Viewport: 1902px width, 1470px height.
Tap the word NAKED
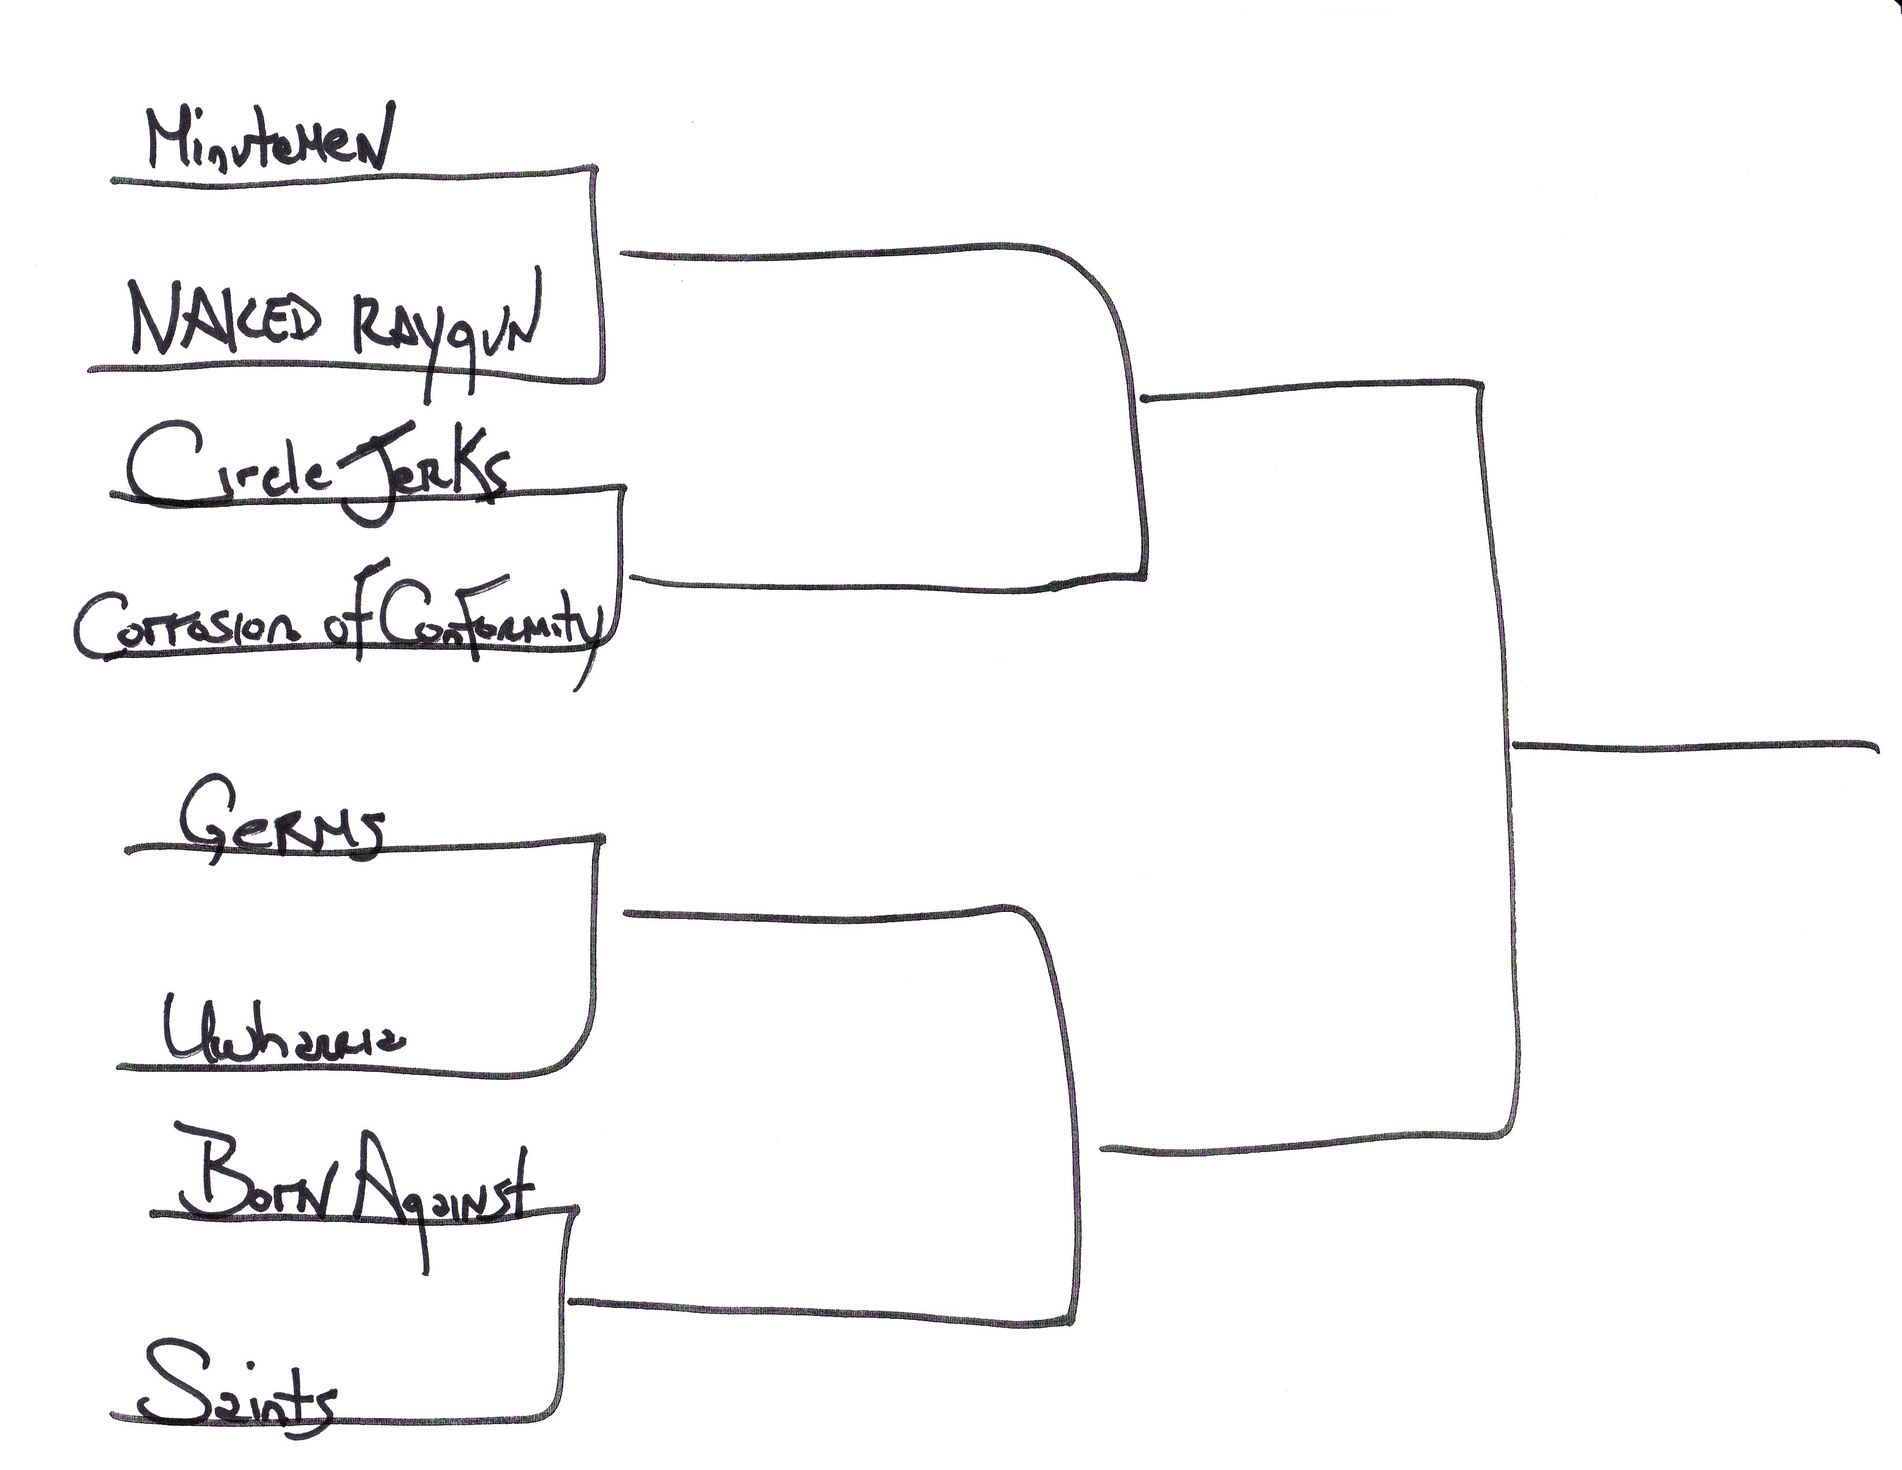224,320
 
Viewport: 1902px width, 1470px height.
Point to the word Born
253,1176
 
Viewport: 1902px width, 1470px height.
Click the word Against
443,1189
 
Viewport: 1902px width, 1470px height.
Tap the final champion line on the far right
1694,746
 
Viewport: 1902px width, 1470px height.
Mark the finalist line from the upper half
1306,388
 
